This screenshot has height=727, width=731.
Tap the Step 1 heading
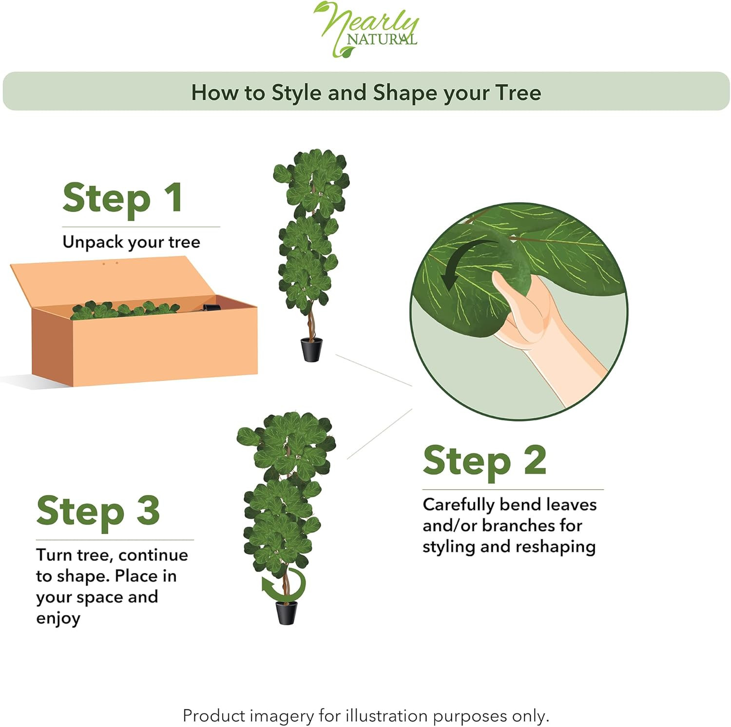[123, 198]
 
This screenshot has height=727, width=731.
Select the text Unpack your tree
[131, 242]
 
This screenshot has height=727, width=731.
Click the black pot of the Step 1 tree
[311, 349]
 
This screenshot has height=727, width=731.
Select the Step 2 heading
[484, 460]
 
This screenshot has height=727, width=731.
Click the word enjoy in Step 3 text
[58, 619]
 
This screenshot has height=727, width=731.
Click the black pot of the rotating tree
[287, 612]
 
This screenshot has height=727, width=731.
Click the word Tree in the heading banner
[518, 93]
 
